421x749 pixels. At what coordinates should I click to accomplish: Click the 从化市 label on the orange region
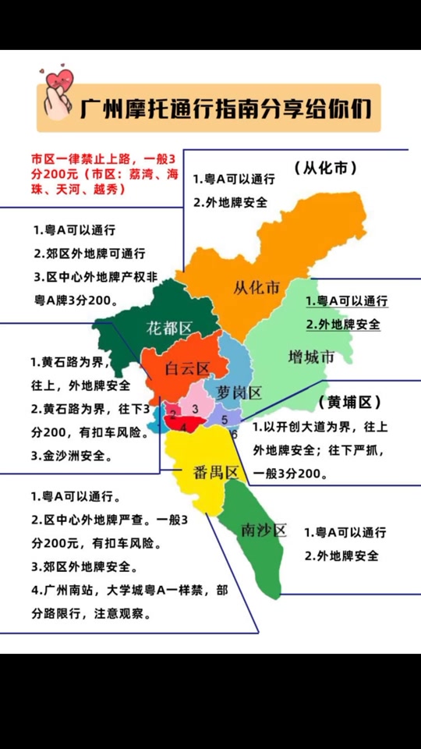256,288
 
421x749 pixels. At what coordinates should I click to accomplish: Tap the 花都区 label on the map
169,327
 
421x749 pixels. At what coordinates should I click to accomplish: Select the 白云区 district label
188,368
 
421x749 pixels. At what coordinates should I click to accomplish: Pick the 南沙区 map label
264,531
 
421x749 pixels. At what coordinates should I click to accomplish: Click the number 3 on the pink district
196,408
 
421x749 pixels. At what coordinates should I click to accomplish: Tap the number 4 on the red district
184,427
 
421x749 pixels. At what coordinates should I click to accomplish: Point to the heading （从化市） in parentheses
326,168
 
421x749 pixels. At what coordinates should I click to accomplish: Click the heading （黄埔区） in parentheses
349,403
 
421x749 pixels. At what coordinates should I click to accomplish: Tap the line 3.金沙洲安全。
72,456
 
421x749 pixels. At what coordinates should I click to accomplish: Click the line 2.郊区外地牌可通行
89,254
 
